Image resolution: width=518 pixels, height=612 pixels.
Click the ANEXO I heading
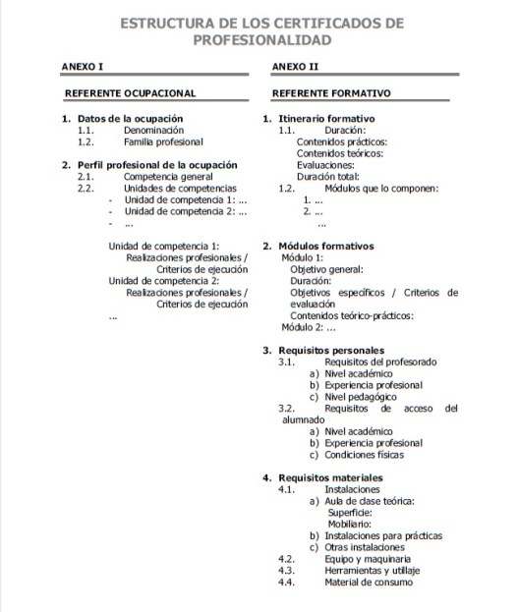(83, 68)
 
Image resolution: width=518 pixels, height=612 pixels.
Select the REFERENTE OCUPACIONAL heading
(130, 93)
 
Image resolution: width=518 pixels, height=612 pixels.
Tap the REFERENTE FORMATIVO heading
(331, 93)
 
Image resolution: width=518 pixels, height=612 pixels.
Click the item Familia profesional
(163, 141)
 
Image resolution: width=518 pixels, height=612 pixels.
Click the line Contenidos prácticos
(342, 141)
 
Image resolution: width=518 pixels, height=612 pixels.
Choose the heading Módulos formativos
(326, 246)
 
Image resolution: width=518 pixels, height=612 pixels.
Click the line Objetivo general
(327, 268)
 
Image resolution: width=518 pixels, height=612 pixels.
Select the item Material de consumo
(369, 582)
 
